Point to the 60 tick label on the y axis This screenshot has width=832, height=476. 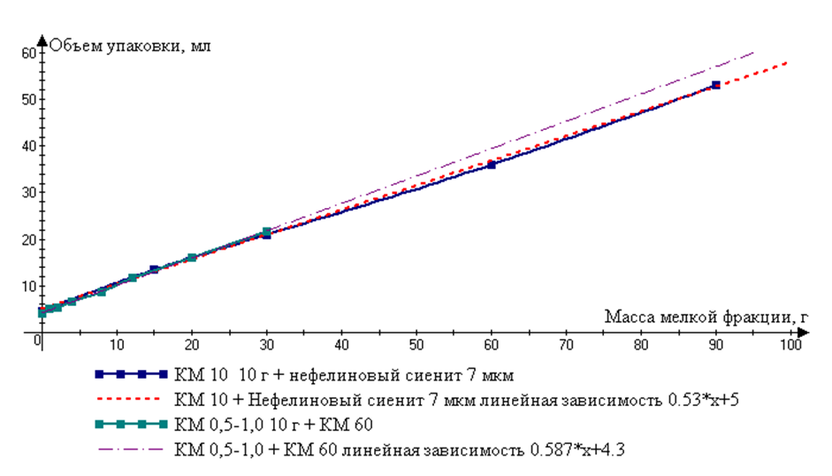click(x=28, y=52)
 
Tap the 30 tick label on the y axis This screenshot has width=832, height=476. click(x=28, y=192)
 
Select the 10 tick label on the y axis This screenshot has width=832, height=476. click(x=28, y=286)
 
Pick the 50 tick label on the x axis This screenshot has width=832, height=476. click(x=416, y=342)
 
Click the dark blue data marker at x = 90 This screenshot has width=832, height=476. click(x=715, y=85)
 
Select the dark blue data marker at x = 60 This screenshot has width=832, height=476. click(x=492, y=165)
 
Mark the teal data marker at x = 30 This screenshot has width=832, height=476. click(x=267, y=232)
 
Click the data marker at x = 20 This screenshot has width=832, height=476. click(x=192, y=257)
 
